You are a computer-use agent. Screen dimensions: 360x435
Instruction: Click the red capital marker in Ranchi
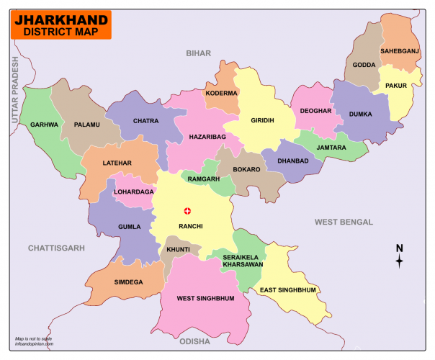189,211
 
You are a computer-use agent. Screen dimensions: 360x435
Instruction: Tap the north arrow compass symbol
399,257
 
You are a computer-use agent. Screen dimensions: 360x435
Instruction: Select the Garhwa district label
44,125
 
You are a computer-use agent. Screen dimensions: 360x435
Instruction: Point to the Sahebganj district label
400,51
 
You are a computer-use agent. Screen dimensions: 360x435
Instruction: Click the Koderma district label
221,93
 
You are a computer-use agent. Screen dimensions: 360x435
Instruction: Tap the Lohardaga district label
133,192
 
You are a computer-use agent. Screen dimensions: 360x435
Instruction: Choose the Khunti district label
178,249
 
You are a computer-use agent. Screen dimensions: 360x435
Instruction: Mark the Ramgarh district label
204,178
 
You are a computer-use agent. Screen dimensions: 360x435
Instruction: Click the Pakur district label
396,86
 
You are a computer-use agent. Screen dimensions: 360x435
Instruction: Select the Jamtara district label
331,147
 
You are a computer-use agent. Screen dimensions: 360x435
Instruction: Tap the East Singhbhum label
288,289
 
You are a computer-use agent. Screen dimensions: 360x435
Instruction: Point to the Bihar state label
198,53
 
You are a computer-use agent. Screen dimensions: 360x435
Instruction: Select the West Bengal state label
344,222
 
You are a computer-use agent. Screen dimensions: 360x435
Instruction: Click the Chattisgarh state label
56,248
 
